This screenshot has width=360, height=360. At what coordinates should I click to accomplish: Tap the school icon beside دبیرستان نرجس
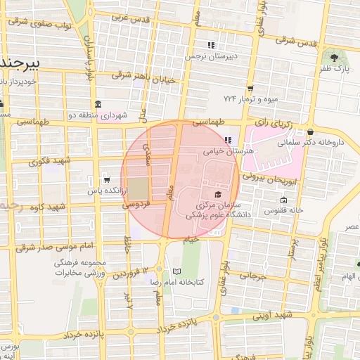pyautogui.click(x=212, y=45)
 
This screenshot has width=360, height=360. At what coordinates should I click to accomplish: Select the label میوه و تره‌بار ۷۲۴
pyautogui.click(x=251, y=98)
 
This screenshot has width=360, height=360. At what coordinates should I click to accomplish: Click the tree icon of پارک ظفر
pyautogui.click(x=334, y=56)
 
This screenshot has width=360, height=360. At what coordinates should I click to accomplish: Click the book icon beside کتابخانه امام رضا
pyautogui.click(x=176, y=271)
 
